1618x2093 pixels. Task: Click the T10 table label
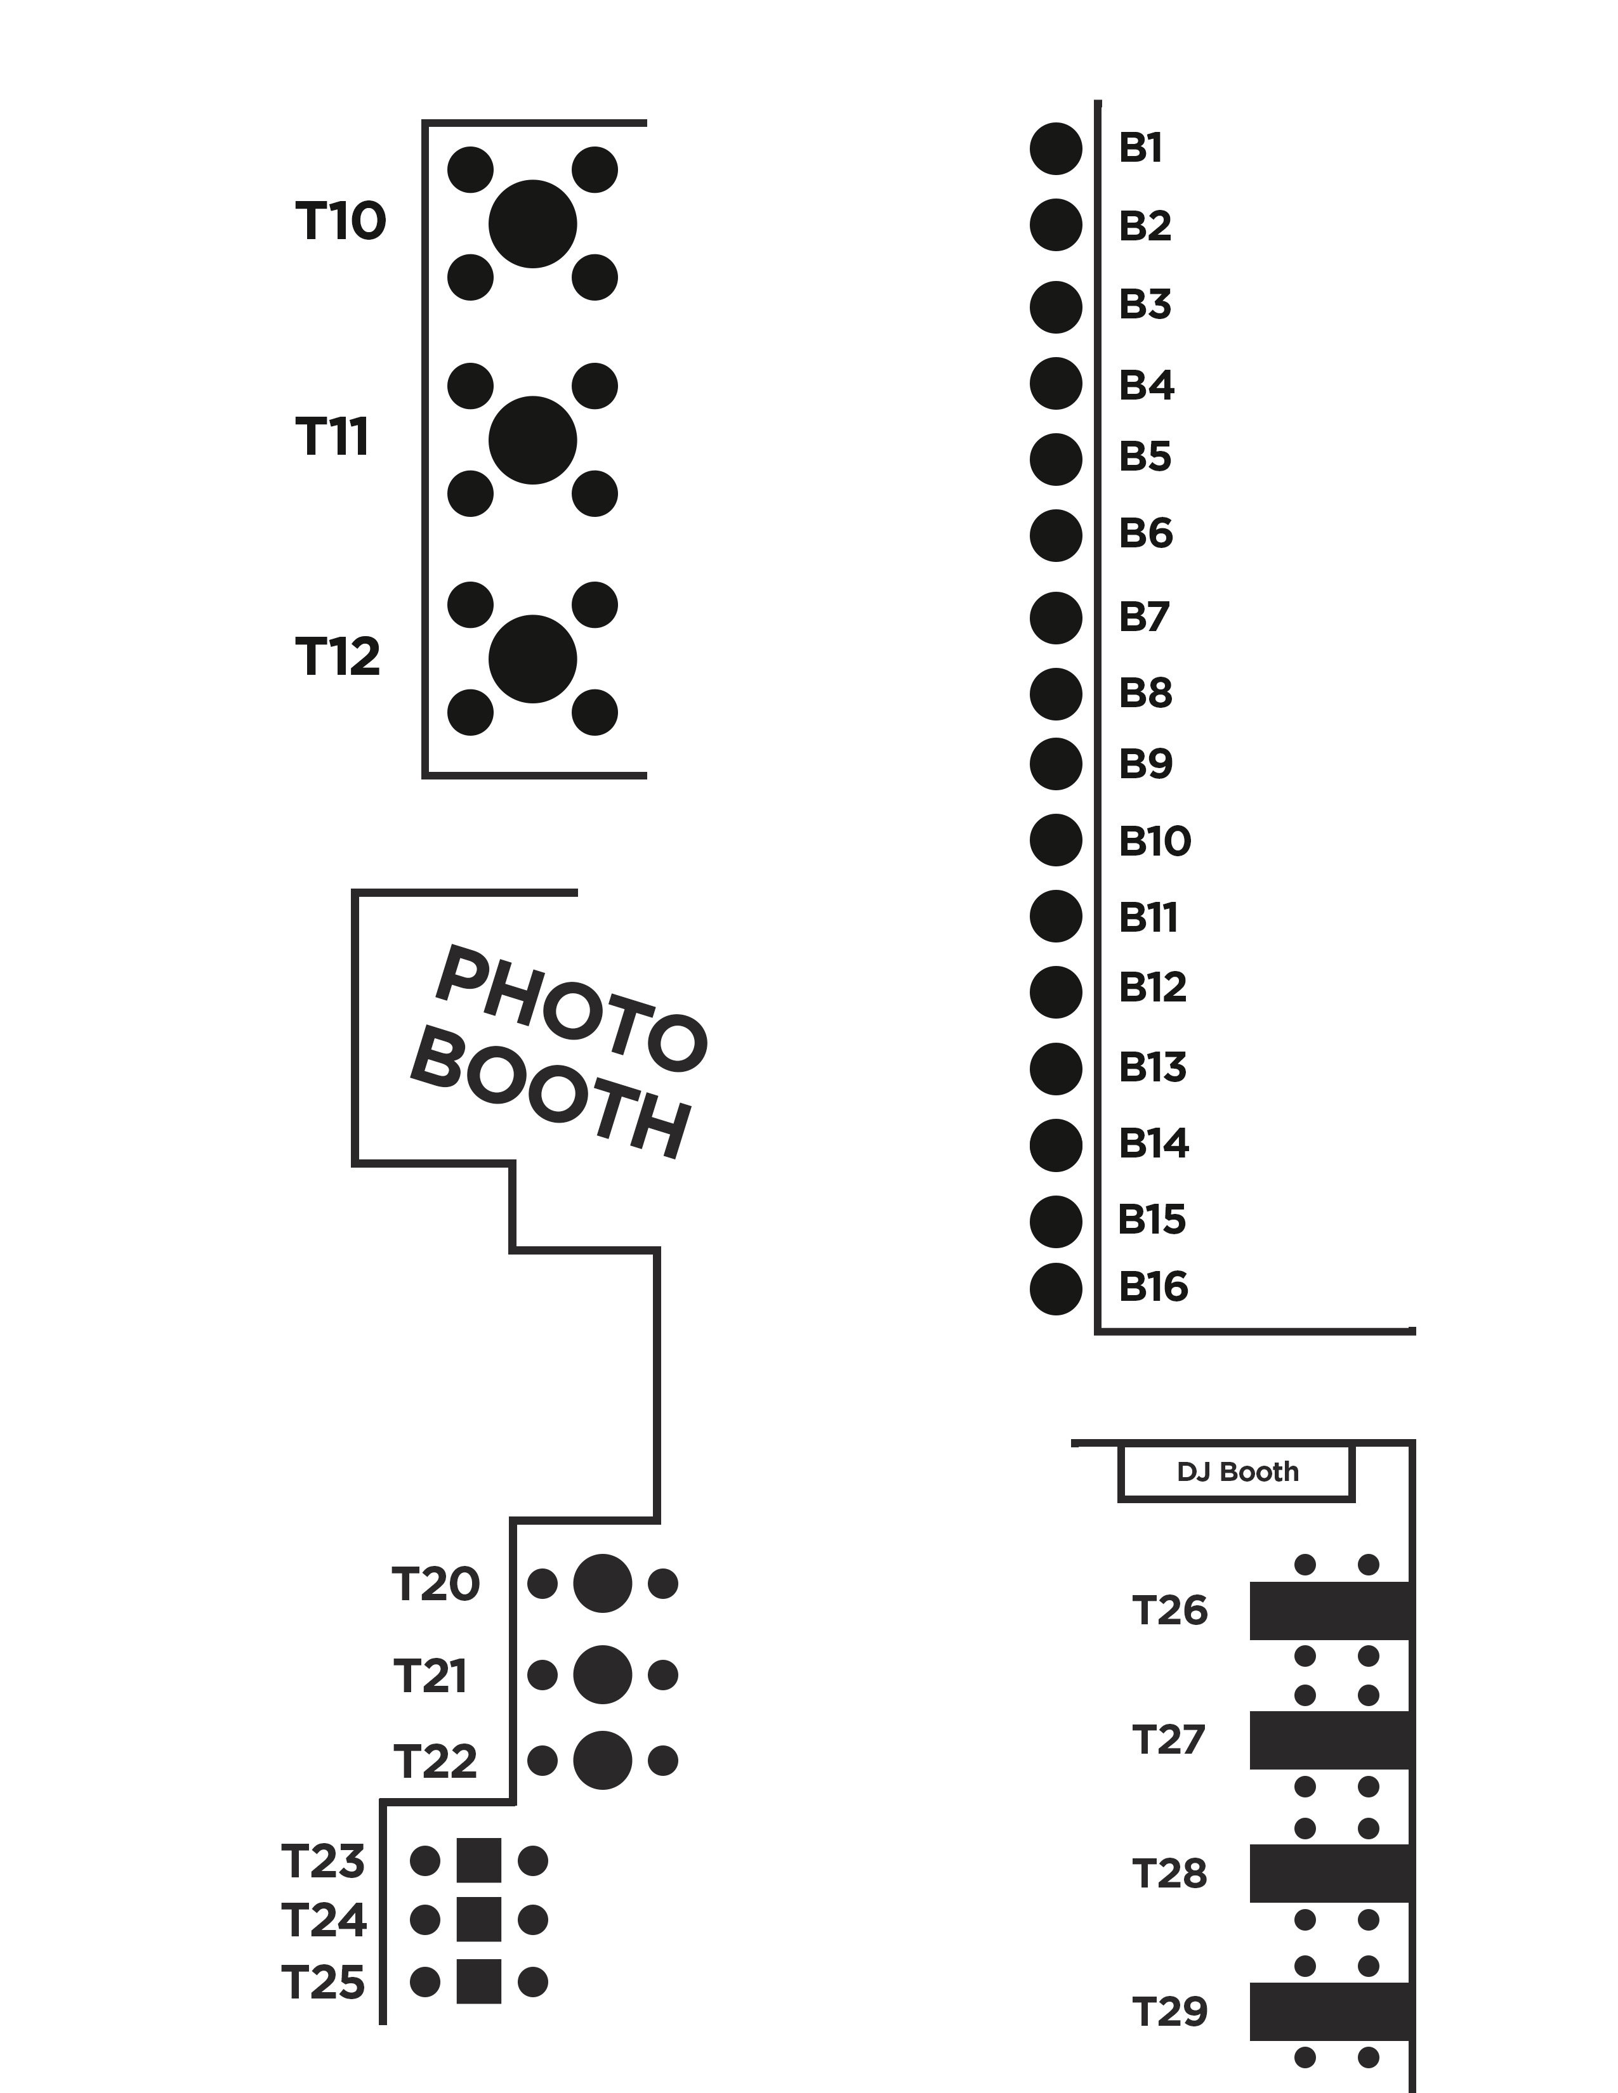pyautogui.click(x=340, y=221)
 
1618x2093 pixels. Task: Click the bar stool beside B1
pyautogui.click(x=1055, y=148)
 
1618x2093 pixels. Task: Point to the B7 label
pyautogui.click(x=1145, y=616)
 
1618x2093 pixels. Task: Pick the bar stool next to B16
pyautogui.click(x=1055, y=1289)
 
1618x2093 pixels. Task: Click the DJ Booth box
pyautogui.click(x=1237, y=1472)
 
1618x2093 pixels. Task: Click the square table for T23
pyautogui.click(x=478, y=1861)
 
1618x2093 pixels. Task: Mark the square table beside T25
pyautogui.click(x=478, y=1982)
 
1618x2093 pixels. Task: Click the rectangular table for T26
pyautogui.click(x=1331, y=1611)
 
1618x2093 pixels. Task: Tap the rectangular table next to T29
pyautogui.click(x=1331, y=2012)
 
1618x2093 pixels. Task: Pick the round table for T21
pyautogui.click(x=602, y=1675)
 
